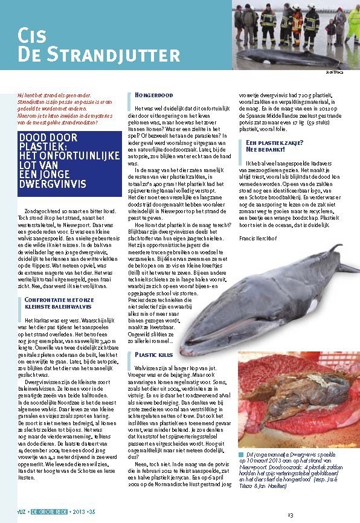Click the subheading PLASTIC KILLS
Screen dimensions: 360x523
click(x=156, y=355)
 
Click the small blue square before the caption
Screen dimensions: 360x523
click(x=241, y=452)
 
